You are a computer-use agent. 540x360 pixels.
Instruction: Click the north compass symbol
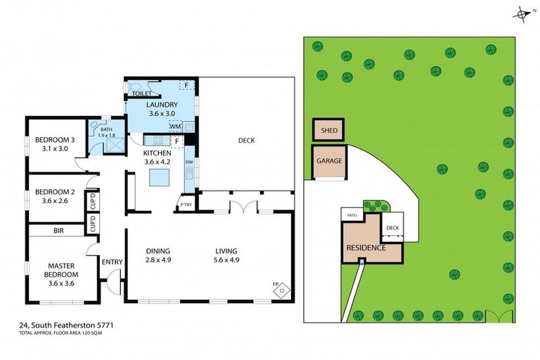coord(522,13)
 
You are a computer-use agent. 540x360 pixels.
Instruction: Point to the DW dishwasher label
coord(189,163)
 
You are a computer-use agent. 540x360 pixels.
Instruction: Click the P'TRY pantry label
coord(186,205)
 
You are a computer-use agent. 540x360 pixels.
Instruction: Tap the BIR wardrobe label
coord(59,231)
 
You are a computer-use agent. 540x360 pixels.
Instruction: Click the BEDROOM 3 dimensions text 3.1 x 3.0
coord(55,148)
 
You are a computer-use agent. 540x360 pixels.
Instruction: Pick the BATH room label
coord(106,129)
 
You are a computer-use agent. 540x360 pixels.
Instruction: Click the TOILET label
coord(142,93)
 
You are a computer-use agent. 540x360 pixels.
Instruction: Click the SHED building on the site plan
coord(328,131)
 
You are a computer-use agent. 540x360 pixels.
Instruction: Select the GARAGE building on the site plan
coord(328,161)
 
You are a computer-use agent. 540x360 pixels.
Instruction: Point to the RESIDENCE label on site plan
coord(366,248)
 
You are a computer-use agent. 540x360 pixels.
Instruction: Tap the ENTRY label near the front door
coord(112,262)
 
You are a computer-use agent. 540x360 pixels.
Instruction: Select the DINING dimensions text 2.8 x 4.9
coord(158,260)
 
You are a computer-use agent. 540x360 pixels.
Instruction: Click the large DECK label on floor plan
coord(246,141)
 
